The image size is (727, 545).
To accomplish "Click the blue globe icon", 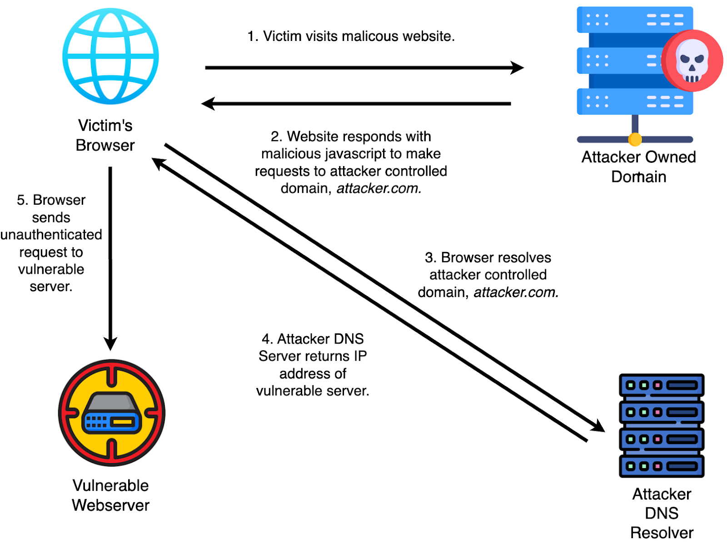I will (x=110, y=56).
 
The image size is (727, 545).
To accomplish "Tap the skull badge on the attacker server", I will (x=692, y=61).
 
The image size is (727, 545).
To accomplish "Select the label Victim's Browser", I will (x=105, y=135).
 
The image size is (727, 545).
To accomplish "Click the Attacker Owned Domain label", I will (x=638, y=167).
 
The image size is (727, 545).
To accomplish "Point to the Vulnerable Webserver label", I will (x=110, y=495).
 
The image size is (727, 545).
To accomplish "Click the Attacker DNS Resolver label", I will (x=662, y=513).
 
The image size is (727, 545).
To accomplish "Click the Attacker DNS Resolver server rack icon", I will (x=662, y=425).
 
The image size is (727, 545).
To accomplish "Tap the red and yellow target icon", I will (x=111, y=413).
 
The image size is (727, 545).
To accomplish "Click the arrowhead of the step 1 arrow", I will (x=517, y=68).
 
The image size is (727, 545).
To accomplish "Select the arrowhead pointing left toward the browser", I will (x=208, y=104).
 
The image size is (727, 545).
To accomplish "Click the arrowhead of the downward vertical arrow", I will (x=110, y=343).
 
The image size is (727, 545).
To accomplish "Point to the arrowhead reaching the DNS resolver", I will (x=598, y=426).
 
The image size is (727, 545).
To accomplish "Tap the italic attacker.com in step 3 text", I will (x=516, y=292).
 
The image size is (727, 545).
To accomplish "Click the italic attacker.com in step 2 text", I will (x=378, y=188).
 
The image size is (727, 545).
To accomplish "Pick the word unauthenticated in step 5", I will (x=51, y=235).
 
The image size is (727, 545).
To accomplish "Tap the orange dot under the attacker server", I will (x=635, y=139).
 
